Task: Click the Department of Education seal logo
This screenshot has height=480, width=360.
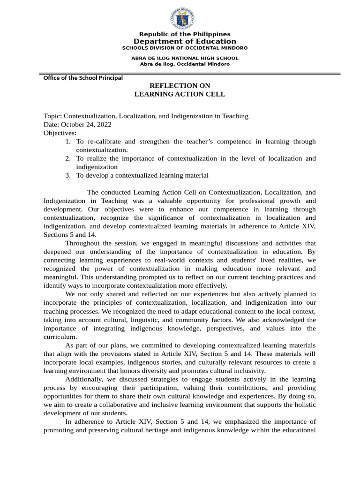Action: click(182, 19)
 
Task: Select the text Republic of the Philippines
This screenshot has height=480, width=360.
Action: click(185, 34)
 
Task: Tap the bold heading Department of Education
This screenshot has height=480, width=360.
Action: click(185, 42)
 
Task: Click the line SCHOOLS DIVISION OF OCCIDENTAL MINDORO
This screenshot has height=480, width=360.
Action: click(185, 48)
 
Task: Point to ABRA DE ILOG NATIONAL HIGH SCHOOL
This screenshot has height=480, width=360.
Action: click(185, 58)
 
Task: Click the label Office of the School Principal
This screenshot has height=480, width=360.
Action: click(83, 78)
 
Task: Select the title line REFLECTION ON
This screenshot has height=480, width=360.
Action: click(180, 86)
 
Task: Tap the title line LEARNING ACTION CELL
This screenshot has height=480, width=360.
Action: click(180, 94)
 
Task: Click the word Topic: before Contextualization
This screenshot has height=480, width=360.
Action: click(52, 116)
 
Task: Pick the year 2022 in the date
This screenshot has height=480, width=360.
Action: click(103, 124)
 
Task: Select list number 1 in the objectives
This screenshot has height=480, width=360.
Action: click(68, 142)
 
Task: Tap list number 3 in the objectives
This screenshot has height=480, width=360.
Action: click(68, 175)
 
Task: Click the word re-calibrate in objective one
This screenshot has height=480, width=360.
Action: click(105, 142)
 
